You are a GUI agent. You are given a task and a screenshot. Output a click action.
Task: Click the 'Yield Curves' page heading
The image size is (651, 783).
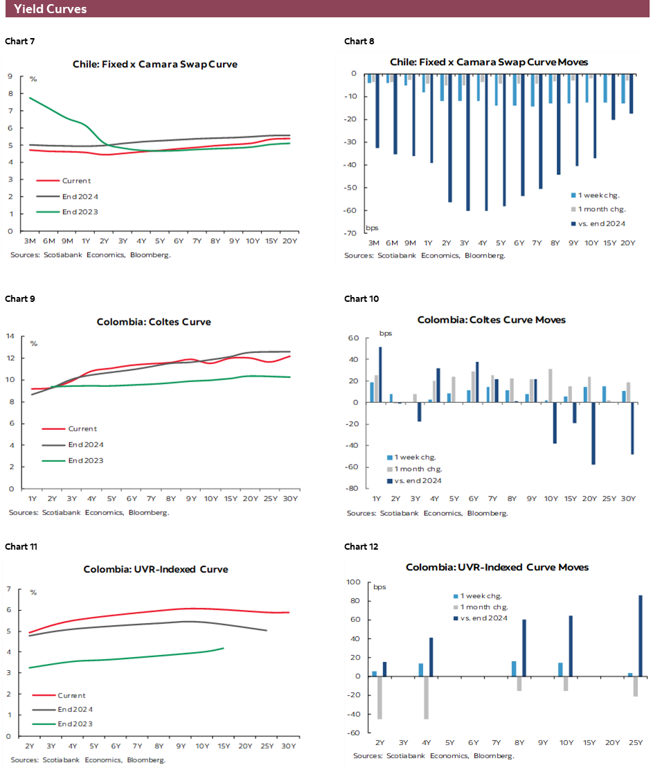[50, 9]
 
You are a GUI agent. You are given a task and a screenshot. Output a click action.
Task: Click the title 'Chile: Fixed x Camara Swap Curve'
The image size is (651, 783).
[155, 64]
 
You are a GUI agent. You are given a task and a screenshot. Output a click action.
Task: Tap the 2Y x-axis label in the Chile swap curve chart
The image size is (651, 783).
[105, 241]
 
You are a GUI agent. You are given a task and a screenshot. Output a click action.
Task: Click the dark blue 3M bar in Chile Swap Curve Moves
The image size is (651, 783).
[377, 111]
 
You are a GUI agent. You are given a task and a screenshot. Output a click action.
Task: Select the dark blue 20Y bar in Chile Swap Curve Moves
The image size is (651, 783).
[631, 93]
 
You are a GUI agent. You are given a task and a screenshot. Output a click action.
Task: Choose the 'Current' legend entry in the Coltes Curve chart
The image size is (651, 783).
[82, 429]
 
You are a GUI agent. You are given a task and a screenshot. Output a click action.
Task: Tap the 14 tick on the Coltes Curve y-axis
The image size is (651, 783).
[10, 336]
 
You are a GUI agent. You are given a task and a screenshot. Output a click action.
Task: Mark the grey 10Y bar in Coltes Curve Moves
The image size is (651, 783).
[550, 386]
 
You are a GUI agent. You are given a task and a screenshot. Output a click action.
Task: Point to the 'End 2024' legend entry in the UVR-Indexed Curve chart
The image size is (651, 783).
[75, 710]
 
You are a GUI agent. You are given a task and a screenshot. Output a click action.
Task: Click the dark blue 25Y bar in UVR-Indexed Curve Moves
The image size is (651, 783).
[641, 636]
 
